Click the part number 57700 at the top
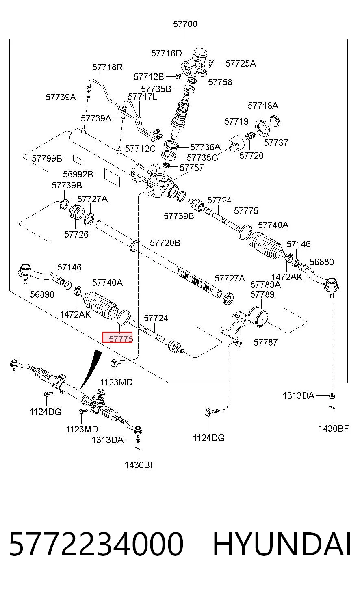[x=185, y=24]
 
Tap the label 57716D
[x=166, y=54]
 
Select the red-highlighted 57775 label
[x=117, y=337]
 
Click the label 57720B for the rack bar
[x=165, y=243]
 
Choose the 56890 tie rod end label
[x=42, y=294]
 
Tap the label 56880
[x=321, y=262]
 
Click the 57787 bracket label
[x=265, y=342]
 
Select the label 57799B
[x=47, y=158]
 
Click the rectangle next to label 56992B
[x=112, y=177]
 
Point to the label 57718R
[x=107, y=67]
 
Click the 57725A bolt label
[x=241, y=63]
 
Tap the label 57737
[x=276, y=143]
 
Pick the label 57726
[x=76, y=234]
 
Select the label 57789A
[x=265, y=285]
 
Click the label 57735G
[x=202, y=158]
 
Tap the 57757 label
[x=192, y=168]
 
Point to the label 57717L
[x=143, y=97]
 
